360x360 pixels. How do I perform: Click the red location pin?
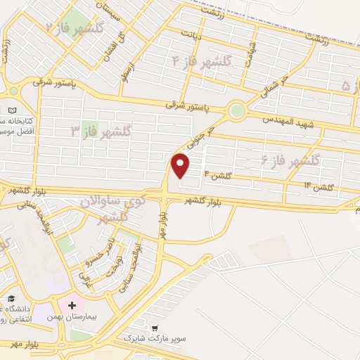point(181,166)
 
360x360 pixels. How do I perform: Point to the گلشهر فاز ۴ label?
point(201,61)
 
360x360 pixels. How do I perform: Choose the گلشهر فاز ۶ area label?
point(290,161)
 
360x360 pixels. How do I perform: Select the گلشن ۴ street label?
point(217,174)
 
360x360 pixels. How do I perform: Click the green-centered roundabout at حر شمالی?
point(237,110)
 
